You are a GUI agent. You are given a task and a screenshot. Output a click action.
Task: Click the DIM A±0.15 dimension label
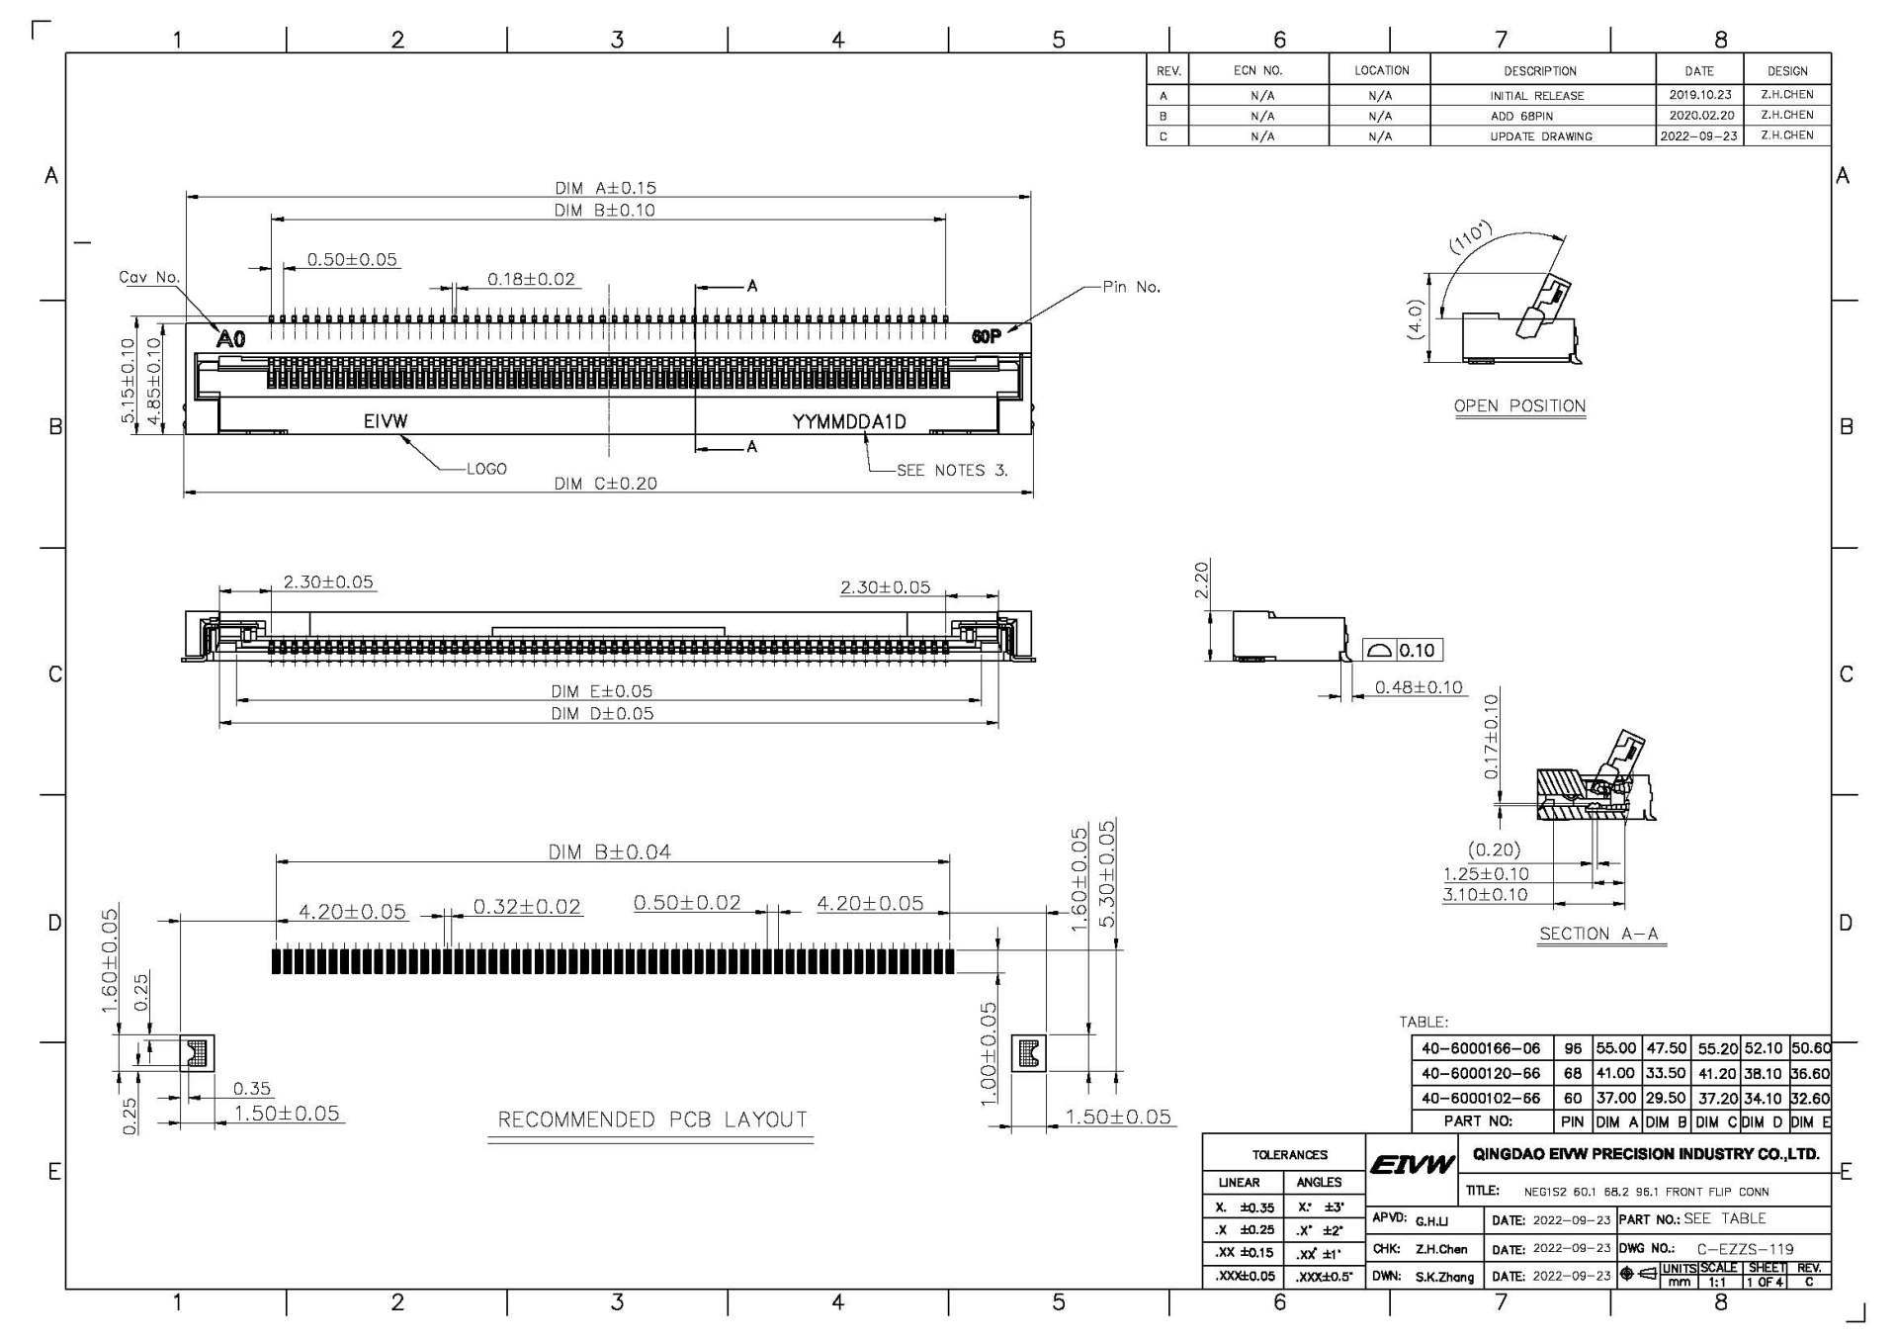pyautogui.click(x=605, y=188)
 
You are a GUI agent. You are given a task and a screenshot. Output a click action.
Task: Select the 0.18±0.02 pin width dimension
pyautogui.click(x=531, y=279)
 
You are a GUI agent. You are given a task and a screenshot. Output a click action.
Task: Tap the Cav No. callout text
pyautogui.click(x=149, y=277)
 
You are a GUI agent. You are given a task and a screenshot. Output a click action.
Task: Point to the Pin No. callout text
pyautogui.click(x=1132, y=287)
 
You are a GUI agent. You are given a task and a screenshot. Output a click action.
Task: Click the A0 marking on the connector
pyautogui.click(x=230, y=339)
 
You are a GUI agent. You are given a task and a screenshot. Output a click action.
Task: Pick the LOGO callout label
pyautogui.click(x=486, y=469)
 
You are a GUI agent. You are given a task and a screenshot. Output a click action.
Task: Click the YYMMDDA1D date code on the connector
pyautogui.click(x=849, y=422)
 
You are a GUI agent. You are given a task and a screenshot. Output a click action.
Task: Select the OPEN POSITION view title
pyautogui.click(x=1519, y=405)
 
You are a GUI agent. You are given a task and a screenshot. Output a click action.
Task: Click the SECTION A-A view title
pyautogui.click(x=1598, y=934)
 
